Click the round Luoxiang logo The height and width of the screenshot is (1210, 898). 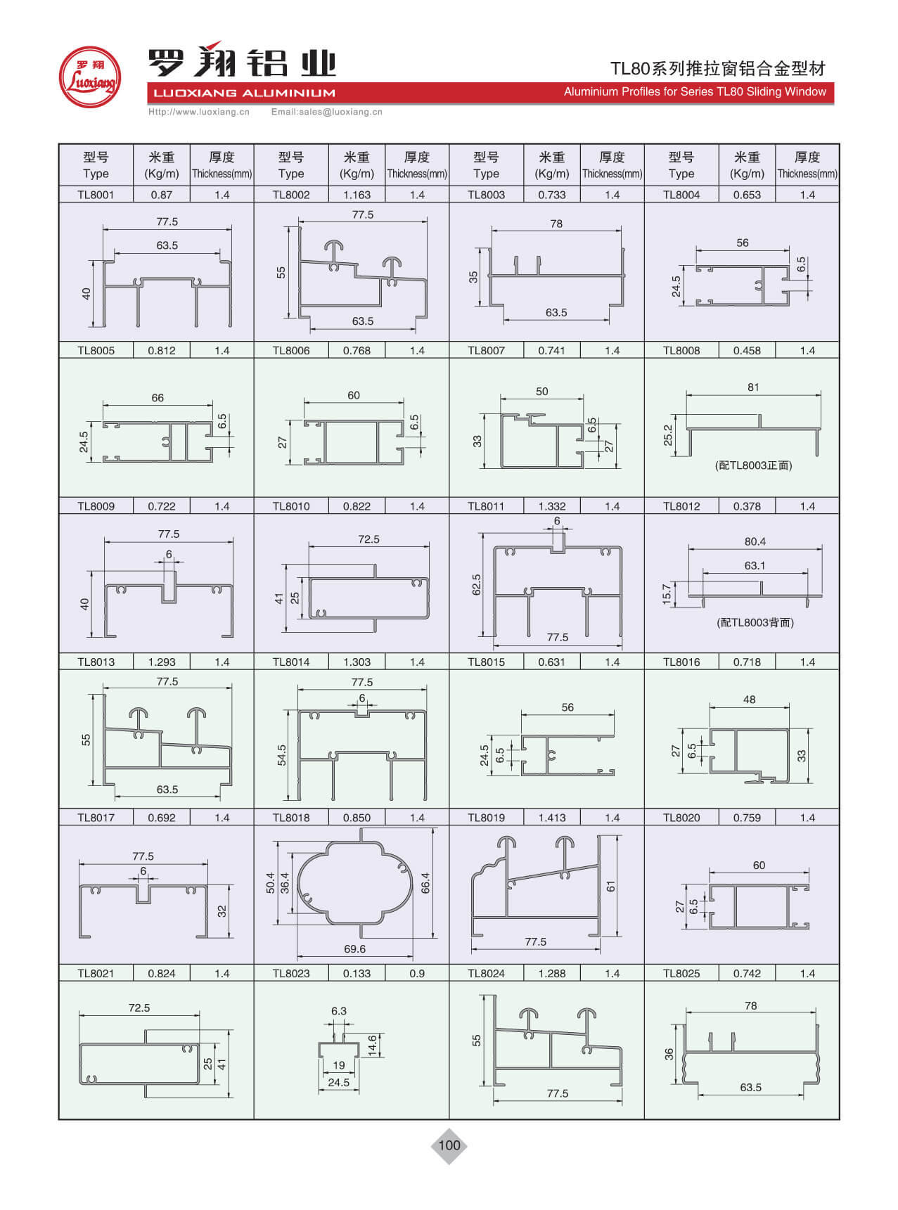pos(89,77)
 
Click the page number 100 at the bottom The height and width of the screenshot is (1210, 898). pos(449,1145)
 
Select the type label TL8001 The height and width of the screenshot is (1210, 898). pos(96,195)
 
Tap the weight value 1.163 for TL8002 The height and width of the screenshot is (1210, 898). pos(357,195)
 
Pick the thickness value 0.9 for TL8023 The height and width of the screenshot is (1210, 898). pos(416,973)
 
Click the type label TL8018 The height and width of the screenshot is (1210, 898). pos(291,818)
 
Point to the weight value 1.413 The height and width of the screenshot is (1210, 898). pos(551,818)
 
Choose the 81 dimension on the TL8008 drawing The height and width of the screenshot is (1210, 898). pos(753,387)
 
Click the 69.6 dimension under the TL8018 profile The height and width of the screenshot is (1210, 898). pos(354,949)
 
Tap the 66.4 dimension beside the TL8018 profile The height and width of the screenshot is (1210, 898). pos(425,882)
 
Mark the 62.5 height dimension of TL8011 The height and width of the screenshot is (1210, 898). pos(477,584)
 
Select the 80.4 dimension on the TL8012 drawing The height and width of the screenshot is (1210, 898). pos(755,541)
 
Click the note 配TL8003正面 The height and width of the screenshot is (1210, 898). pos(753,465)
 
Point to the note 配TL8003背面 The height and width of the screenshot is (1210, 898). pos(755,622)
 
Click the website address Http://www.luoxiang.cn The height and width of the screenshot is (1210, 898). pos(198,112)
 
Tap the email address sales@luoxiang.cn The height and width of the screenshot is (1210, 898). pos(326,112)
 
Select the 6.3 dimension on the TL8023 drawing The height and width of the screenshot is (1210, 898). pos(339,1011)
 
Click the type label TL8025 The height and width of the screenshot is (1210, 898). pos(681,973)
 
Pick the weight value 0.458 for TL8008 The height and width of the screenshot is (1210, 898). pos(747,350)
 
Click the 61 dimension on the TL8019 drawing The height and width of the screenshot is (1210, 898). pos(611,887)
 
